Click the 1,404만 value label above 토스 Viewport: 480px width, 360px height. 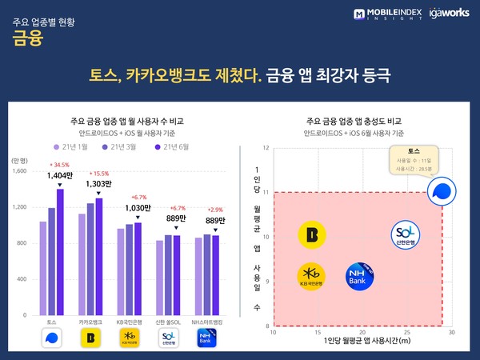(x=60, y=174)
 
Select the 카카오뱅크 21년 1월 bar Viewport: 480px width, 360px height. (x=82, y=264)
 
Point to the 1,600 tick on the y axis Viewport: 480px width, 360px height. (x=20, y=170)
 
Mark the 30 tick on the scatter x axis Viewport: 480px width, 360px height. (x=451, y=331)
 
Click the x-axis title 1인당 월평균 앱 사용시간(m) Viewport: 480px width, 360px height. (x=362, y=342)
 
